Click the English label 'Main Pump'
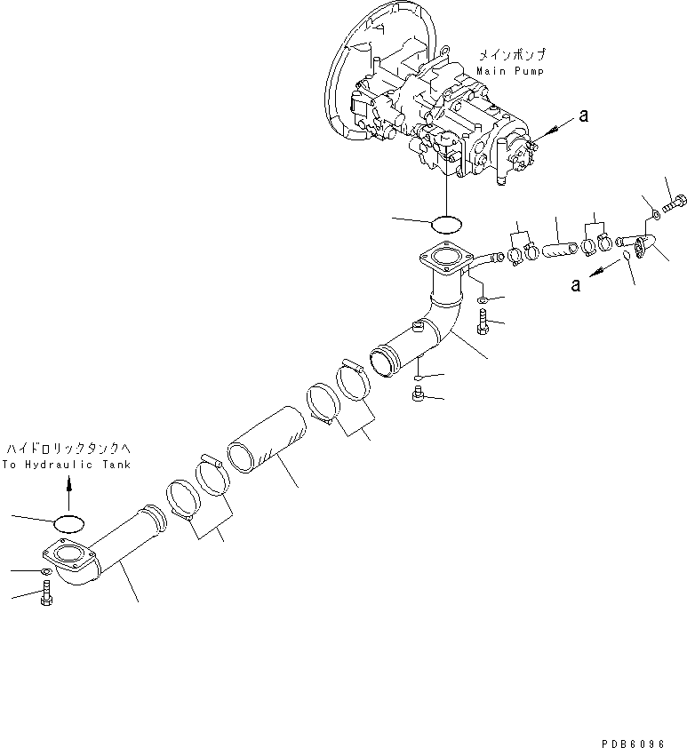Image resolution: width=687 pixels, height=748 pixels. tap(509, 70)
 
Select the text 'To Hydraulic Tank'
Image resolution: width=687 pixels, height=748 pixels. tap(66, 465)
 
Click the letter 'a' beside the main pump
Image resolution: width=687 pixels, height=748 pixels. tap(583, 114)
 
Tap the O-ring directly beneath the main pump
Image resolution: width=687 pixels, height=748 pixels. tap(447, 221)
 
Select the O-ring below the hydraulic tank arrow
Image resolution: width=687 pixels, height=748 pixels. tap(68, 521)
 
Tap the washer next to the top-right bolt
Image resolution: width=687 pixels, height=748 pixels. tap(654, 212)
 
